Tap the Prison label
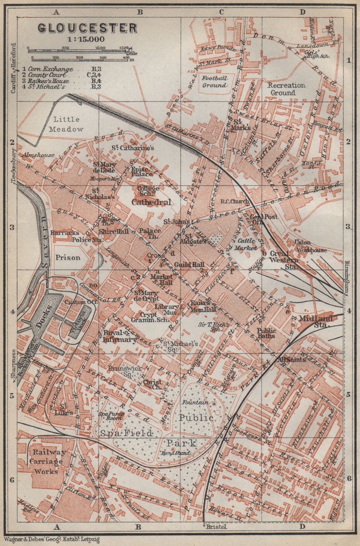68,257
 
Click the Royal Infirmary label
120,336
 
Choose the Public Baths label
266,334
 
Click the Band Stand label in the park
168,453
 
